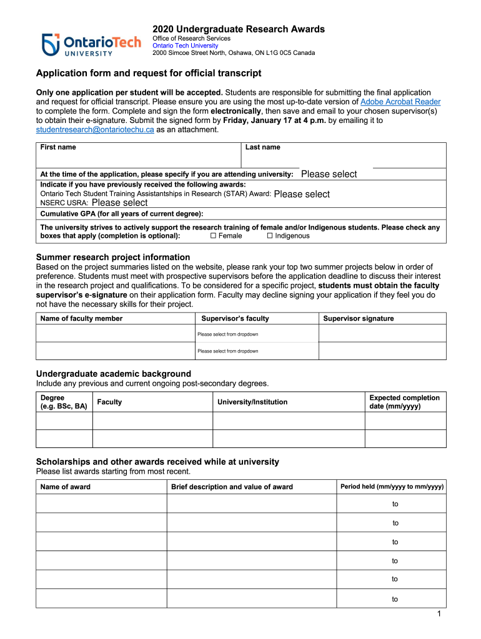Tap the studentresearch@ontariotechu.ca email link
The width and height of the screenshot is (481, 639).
[95, 130]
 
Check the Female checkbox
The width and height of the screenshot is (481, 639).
[214, 236]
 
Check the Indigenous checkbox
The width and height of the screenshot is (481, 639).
[270, 236]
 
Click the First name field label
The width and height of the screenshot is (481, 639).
[58, 147]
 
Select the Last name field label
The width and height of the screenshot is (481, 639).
[263, 147]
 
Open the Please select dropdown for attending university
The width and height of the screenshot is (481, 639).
[329, 174]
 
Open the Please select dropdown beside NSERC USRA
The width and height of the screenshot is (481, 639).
[119, 203]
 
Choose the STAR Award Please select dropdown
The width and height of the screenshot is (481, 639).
[302, 194]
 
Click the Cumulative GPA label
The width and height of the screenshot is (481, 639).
[122, 213]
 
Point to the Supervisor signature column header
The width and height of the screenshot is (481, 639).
[359, 318]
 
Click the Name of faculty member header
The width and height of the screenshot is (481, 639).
[81, 318]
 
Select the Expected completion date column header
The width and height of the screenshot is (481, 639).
[404, 402]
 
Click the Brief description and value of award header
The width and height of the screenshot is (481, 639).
[232, 487]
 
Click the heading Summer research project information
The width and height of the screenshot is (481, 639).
[113, 257]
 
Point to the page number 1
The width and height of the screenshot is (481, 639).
[440, 615]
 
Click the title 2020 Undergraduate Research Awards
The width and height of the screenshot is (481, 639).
[239, 29]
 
